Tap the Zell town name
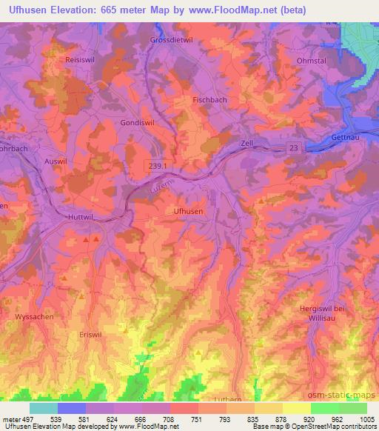(247, 143)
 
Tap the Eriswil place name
(91, 335)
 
